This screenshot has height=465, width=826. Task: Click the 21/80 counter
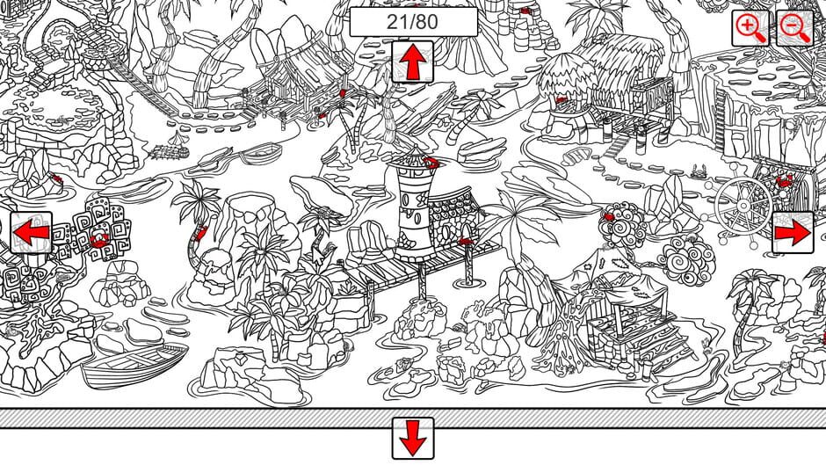click(413, 22)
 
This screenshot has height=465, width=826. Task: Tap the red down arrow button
click(413, 437)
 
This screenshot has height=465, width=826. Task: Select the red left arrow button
click(32, 233)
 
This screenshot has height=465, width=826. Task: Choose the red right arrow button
click(793, 233)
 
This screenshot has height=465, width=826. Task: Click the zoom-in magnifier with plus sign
click(750, 28)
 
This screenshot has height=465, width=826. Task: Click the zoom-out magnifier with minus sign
click(796, 28)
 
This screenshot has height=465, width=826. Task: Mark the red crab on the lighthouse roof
click(430, 162)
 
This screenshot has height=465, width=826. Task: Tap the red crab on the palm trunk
click(201, 233)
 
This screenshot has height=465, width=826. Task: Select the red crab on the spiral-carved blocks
click(99, 238)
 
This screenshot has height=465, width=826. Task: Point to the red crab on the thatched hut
click(560, 100)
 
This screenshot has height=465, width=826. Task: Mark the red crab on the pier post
click(466, 240)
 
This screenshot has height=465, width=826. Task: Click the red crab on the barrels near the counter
click(525, 11)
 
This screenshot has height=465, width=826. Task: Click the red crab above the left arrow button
click(54, 178)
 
